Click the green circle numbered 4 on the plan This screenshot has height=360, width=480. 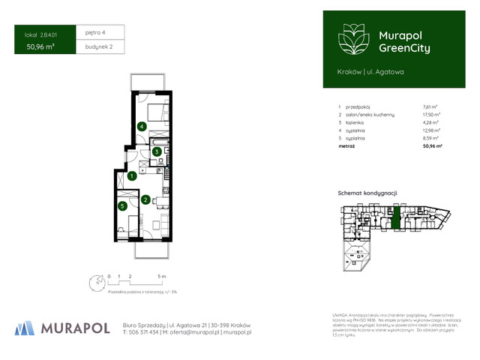(142, 126)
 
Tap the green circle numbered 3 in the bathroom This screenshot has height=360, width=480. (156, 151)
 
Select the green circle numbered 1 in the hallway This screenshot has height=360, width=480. (131, 176)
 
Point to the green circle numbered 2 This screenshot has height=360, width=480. (145, 199)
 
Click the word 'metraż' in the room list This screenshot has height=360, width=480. (346, 147)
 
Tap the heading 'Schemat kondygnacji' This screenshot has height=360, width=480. (367, 193)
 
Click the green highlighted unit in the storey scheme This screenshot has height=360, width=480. (396, 219)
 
